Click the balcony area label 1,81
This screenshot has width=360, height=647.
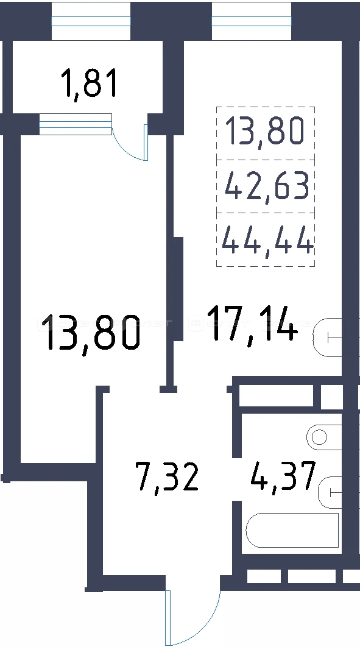90,83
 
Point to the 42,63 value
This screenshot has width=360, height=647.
267,186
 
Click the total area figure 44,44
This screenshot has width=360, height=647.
267,241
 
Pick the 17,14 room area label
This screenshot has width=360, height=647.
252,323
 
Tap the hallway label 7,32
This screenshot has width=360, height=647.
168,477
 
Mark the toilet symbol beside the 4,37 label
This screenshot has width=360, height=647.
330,492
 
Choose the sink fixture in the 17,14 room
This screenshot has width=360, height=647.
328,338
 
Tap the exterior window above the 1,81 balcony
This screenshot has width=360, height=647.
91,21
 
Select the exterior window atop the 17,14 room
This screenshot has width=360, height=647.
252,21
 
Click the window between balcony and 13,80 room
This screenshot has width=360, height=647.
76,124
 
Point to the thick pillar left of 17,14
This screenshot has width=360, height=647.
178,288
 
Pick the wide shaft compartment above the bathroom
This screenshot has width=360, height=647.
277,395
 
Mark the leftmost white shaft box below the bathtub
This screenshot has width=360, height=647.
264,576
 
